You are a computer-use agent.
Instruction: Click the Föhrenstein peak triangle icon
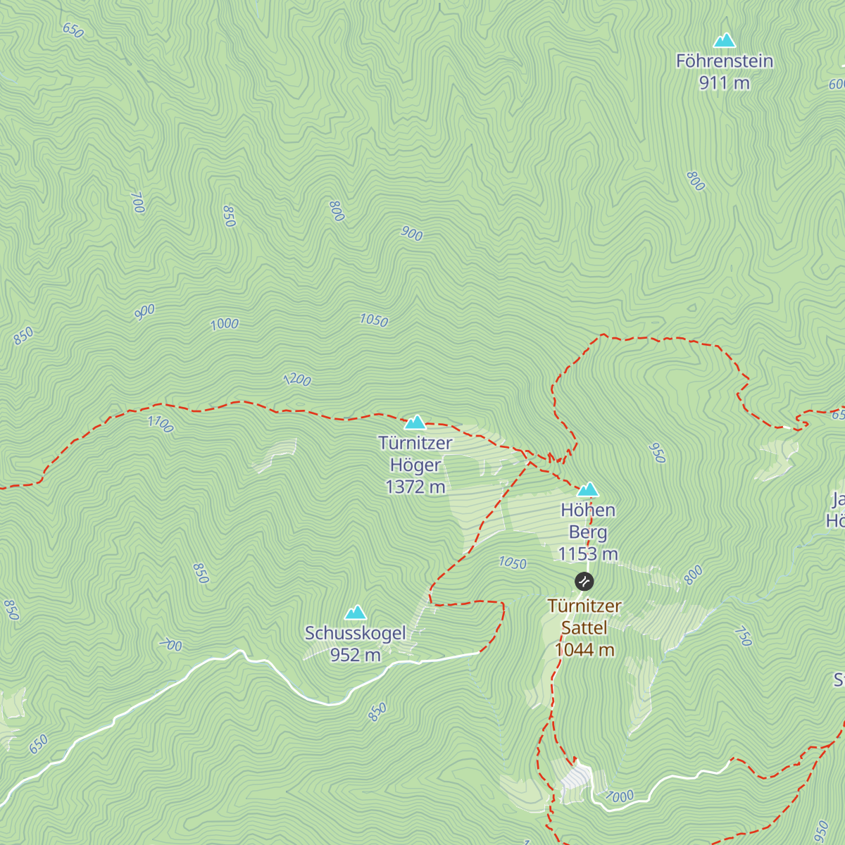[x=724, y=41]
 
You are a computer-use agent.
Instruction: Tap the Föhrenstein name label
[x=724, y=61]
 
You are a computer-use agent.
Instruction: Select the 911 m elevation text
[x=724, y=83]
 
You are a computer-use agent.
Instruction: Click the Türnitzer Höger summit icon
[x=415, y=423]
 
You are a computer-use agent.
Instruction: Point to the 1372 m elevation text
[x=415, y=487]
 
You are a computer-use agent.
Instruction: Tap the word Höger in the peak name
[x=415, y=465]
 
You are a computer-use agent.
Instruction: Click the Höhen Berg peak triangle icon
[x=587, y=489]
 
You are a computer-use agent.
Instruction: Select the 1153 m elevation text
[x=588, y=554]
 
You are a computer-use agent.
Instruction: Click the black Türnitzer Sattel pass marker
[x=584, y=582]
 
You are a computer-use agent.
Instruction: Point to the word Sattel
[x=584, y=627]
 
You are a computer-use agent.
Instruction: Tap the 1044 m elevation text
[x=584, y=649]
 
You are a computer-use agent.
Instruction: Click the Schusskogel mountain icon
[x=356, y=613]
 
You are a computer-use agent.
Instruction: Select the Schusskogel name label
[x=356, y=633]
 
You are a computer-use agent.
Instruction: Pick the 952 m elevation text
[x=356, y=655]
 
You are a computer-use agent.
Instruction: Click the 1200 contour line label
[x=296, y=380]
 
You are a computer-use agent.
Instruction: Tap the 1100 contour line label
[x=160, y=424]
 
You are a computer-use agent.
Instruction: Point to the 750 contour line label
[x=743, y=636]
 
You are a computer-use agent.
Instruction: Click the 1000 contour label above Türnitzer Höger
[x=225, y=324]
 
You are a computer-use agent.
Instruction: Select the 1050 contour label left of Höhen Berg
[x=513, y=563]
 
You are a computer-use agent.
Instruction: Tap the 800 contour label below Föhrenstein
[x=695, y=181]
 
